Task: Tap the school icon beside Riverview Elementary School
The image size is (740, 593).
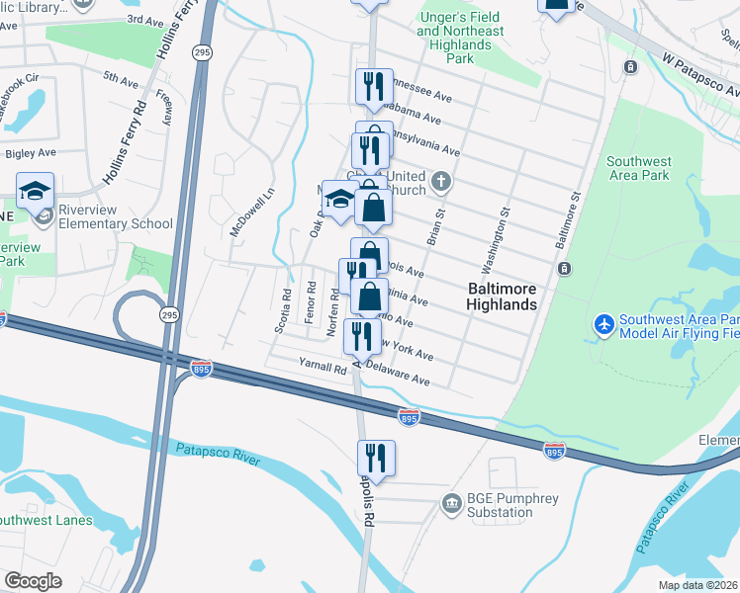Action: (x=36, y=190)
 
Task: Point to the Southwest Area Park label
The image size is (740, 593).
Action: (x=639, y=168)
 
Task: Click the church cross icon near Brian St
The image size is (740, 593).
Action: (x=442, y=182)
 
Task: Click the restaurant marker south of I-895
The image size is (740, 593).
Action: (x=376, y=457)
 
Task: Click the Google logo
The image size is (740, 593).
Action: (x=33, y=581)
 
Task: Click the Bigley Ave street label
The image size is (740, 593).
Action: (x=31, y=153)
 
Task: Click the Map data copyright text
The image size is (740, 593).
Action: (x=698, y=585)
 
